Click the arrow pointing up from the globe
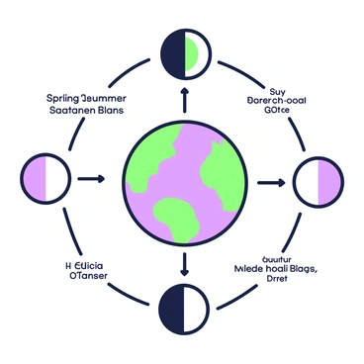[184, 98]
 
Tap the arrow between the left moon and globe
[90, 179]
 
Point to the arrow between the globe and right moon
[270, 183]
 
